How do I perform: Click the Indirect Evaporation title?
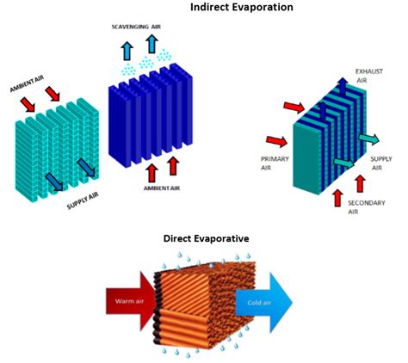[242, 7]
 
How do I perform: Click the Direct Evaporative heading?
[206, 238]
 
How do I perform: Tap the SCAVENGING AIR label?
[136, 27]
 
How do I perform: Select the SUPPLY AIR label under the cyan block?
[83, 200]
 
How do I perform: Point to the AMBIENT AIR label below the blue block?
[162, 188]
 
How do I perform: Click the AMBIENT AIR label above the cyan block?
[27, 83]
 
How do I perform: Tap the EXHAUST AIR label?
[369, 76]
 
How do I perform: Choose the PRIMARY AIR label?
[275, 163]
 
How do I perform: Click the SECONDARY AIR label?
[367, 207]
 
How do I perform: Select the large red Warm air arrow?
[131, 301]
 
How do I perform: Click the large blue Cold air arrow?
[264, 303]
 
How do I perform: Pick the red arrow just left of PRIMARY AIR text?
[276, 141]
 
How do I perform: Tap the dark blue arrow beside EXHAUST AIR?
[343, 86]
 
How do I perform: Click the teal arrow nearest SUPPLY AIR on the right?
[368, 139]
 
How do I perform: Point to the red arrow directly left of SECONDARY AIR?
[338, 198]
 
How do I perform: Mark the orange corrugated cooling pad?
[205, 305]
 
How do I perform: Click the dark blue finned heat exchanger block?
[151, 114]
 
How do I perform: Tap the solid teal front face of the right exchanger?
[306, 158]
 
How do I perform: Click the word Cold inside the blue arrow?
[253, 303]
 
